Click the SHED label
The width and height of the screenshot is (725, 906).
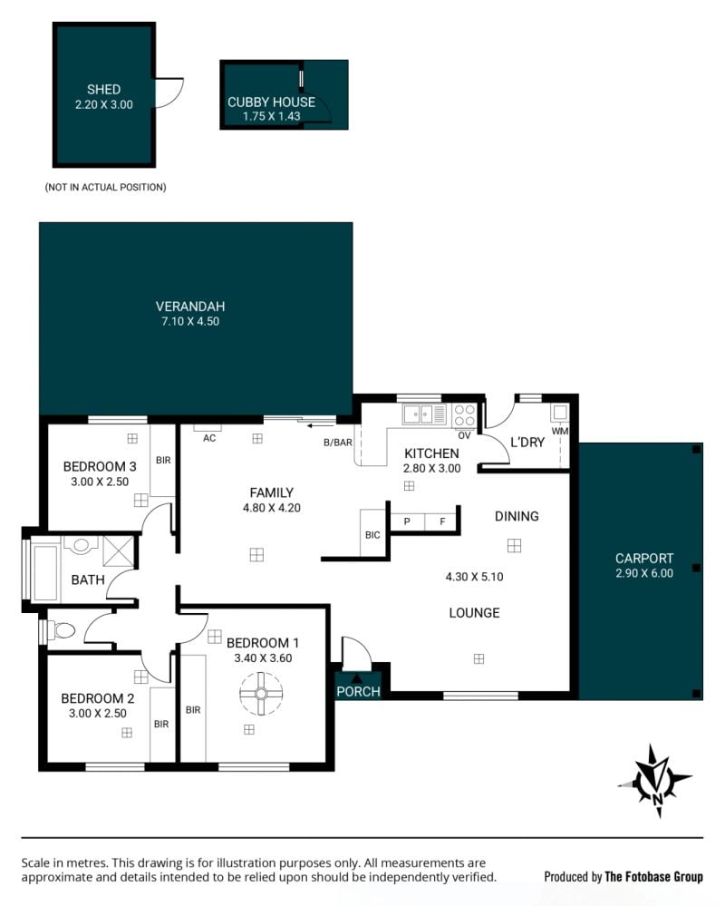pyautogui.click(x=104, y=90)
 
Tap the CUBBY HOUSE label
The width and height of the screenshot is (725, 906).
pyautogui.click(x=271, y=102)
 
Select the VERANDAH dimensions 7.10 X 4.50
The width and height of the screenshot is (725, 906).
pyautogui.click(x=190, y=321)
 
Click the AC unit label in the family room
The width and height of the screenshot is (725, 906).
pyautogui.click(x=209, y=439)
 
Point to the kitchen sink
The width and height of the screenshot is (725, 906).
pyautogui.click(x=425, y=414)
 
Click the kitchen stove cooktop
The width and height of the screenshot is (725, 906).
pyautogui.click(x=464, y=414)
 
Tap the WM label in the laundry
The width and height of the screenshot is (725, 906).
pyautogui.click(x=560, y=431)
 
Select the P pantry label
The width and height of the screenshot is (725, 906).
pyautogui.click(x=407, y=521)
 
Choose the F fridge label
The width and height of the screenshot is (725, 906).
pyautogui.click(x=443, y=521)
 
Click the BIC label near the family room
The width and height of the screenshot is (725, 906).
pyautogui.click(x=372, y=535)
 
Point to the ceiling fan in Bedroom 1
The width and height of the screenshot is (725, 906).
pyautogui.click(x=262, y=694)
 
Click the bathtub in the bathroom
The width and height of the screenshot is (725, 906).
pyautogui.click(x=45, y=570)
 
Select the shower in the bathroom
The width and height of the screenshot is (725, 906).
pyautogui.click(x=118, y=550)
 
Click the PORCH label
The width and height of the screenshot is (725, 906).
pyautogui.click(x=359, y=692)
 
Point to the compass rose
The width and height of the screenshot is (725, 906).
pyautogui.click(x=656, y=781)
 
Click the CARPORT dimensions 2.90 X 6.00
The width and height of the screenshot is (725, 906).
pyautogui.click(x=644, y=573)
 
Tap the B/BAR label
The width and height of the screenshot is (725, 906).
pyautogui.click(x=338, y=443)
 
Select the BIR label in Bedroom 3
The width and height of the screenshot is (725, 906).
pyautogui.click(x=163, y=461)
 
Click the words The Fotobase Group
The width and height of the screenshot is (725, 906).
pyautogui.click(x=653, y=877)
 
